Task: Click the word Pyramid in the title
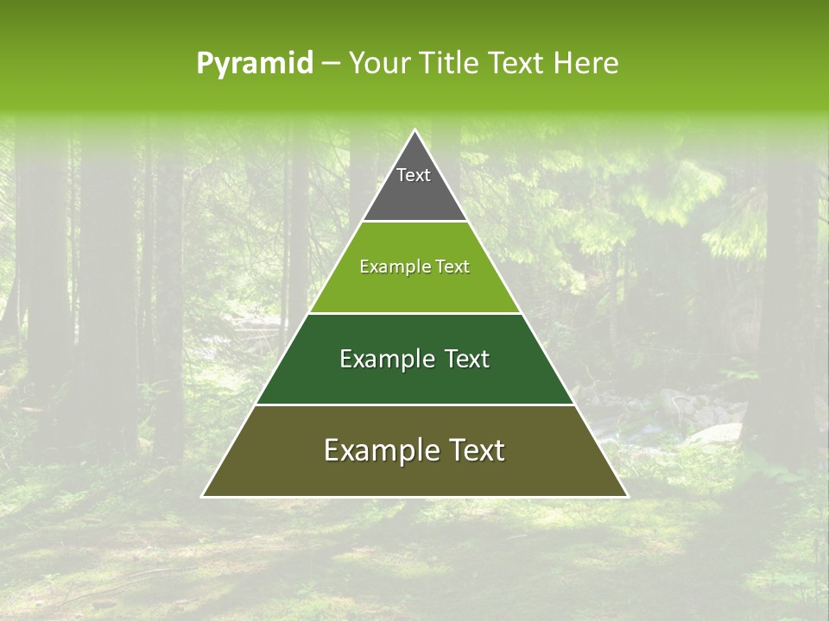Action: coord(254,64)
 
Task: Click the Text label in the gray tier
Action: coord(414,176)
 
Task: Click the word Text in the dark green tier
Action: coord(467,359)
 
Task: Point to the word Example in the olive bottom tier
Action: coord(371,450)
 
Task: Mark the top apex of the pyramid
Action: coord(414,130)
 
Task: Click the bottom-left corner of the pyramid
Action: coord(203,496)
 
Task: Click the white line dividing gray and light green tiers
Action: coord(414,222)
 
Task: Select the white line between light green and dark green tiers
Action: coord(414,313)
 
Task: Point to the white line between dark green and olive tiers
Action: coord(414,405)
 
